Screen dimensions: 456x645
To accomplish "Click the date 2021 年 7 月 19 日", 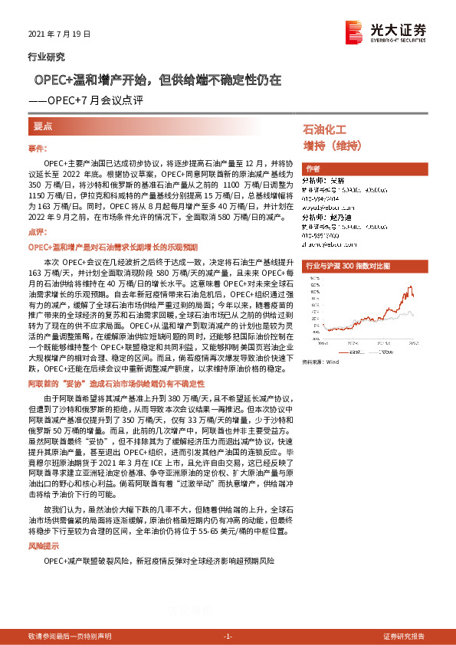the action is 59,35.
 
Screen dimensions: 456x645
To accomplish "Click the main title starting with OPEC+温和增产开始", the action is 156,80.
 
